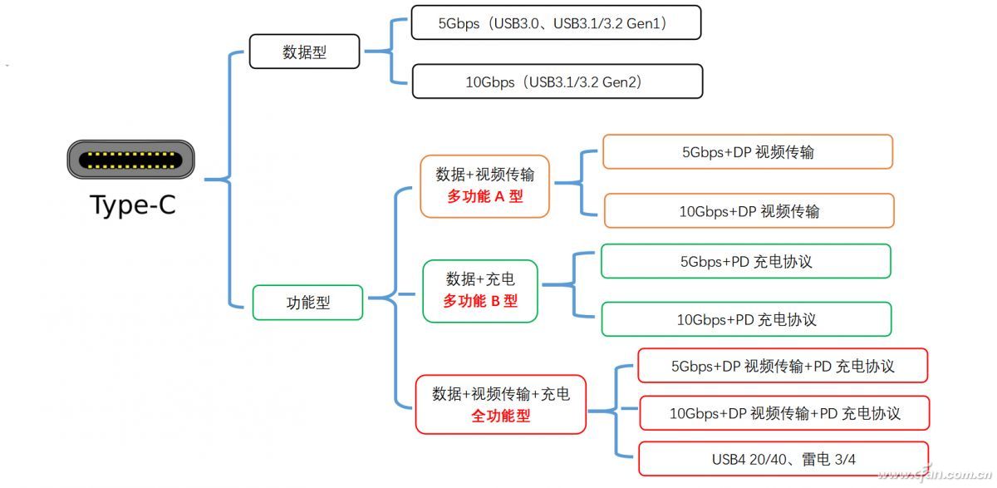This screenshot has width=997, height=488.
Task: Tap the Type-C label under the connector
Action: pos(133,205)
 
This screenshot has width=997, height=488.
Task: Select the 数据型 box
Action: pos(305,52)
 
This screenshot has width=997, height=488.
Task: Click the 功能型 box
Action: pos(308,303)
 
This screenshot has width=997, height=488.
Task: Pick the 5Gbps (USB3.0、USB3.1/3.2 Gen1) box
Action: pos(556,23)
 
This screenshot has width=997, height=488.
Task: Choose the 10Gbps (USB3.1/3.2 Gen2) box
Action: pos(557,81)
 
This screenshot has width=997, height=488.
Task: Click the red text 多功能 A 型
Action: pos(485,197)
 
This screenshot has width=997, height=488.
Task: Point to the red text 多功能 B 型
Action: pos(480,301)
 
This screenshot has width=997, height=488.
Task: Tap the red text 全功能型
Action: pos(500,415)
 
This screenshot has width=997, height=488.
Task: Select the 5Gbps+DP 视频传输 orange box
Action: pos(748,152)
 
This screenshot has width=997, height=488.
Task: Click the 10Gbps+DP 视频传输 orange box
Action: pos(749,211)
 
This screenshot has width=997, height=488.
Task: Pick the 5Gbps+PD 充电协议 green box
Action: pos(745,261)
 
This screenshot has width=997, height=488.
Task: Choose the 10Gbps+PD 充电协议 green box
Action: pos(745,319)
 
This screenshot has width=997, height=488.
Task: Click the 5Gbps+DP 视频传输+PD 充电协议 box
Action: pos(782,366)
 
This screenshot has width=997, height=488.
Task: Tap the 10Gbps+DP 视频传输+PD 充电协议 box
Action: pos(784,413)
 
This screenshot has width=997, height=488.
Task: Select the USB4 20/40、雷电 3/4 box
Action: pos(783,459)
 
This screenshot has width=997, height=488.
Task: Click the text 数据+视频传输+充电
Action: pos(501,393)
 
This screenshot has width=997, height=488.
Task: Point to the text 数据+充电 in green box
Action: pos(480,279)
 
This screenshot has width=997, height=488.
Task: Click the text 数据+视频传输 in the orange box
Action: pos(485,175)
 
